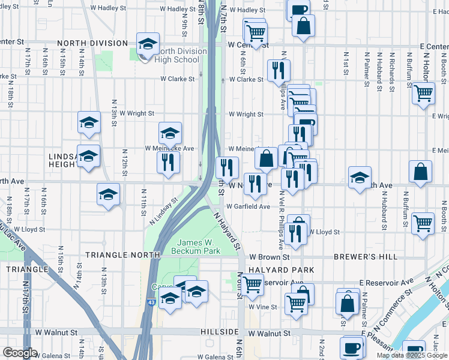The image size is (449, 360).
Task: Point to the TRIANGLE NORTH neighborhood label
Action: pos(123,255)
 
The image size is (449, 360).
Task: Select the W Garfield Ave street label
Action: pos(248,206)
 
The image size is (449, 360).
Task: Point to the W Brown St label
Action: pos(270,257)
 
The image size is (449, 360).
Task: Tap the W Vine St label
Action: pos(262,307)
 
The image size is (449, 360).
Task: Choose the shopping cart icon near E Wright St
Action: pos(423,94)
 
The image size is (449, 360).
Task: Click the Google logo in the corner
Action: pos(20,352)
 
